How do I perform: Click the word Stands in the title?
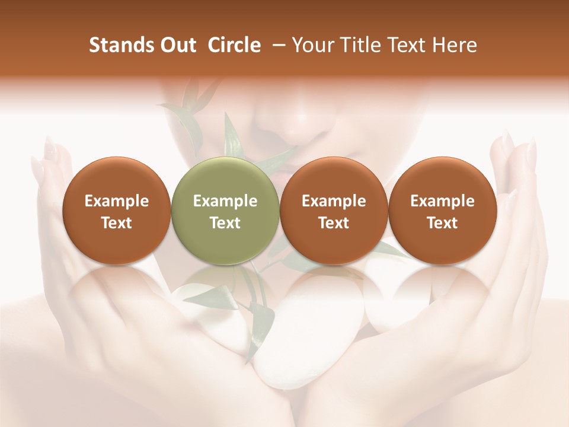[117, 45]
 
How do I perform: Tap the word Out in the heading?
[177, 45]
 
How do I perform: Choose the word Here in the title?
[455, 45]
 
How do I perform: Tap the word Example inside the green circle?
[225, 201]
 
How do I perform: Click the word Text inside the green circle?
[225, 223]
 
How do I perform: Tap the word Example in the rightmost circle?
[442, 201]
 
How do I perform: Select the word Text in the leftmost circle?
[116, 223]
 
